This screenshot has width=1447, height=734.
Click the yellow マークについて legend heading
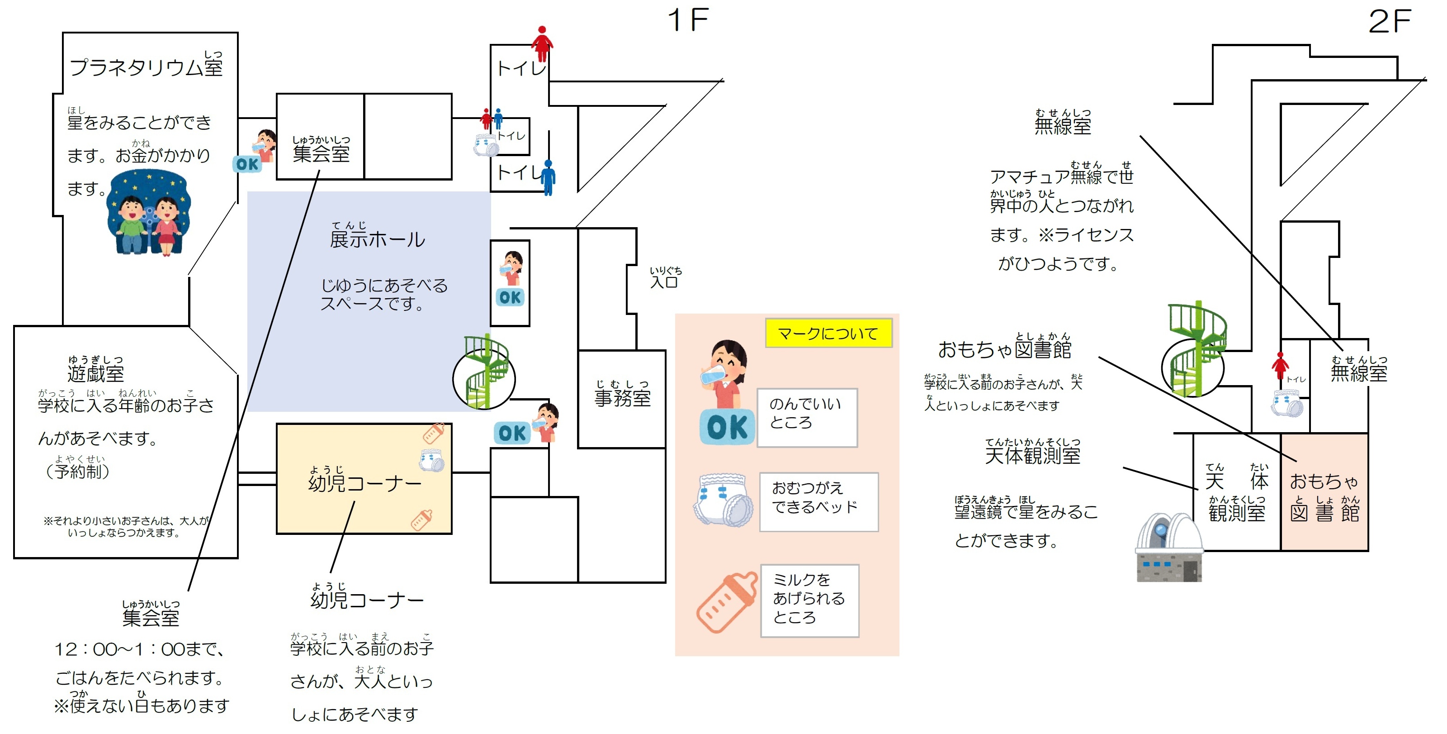[828, 333]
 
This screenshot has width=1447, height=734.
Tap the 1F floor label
[688, 20]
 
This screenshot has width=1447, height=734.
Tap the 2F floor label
[1390, 21]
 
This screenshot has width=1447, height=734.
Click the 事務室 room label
[622, 393]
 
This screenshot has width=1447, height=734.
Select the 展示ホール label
[377, 235]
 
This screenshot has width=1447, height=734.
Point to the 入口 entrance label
[665, 278]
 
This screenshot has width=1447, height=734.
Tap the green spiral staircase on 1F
[484, 372]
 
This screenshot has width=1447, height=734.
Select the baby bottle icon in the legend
[726, 602]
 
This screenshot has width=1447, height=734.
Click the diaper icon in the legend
[723, 500]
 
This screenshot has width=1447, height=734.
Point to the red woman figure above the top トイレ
[542, 44]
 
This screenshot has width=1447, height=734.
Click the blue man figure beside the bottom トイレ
[548, 177]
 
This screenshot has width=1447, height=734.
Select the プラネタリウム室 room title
[147, 65]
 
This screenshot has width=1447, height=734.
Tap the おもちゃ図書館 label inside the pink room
[1324, 497]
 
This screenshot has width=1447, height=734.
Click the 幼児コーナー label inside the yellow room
[364, 480]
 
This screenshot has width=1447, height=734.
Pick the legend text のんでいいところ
[805, 413]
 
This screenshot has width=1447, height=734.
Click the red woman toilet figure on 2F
[1281, 366]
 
